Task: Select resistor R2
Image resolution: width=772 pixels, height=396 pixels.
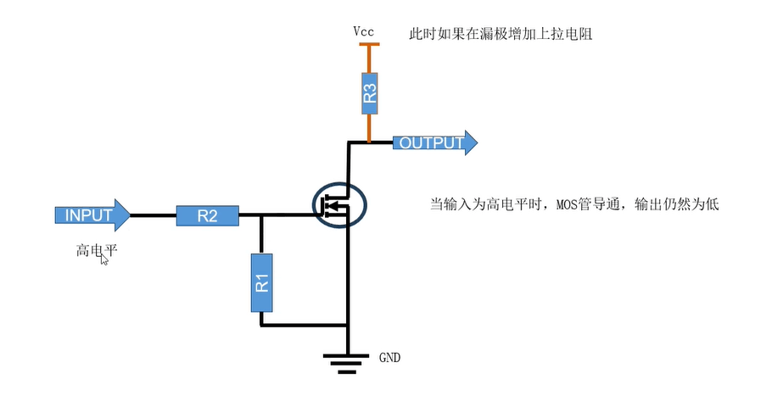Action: tap(207, 215)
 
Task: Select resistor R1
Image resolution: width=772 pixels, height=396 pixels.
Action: tap(262, 282)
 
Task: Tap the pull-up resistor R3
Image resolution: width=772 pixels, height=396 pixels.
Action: tap(369, 93)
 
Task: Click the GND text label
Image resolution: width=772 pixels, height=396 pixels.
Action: tap(389, 358)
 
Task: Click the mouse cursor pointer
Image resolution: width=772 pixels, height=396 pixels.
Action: tap(104, 259)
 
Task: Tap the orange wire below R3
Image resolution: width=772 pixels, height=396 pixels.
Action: tap(369, 129)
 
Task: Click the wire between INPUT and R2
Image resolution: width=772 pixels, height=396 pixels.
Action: tap(154, 215)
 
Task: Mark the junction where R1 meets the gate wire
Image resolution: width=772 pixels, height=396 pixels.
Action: tap(262, 215)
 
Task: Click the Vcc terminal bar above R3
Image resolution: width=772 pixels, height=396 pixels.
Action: tap(369, 45)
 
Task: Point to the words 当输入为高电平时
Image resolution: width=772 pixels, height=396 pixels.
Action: tap(489, 204)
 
